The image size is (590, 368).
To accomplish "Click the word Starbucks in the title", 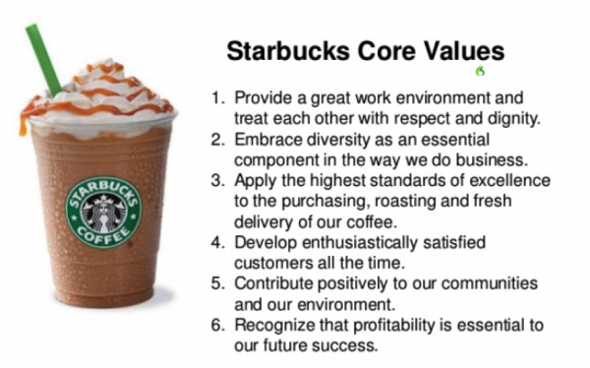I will pos(276,50).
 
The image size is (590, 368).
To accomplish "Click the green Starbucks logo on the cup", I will pos(102,210).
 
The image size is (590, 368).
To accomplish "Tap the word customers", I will pos(272,263).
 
